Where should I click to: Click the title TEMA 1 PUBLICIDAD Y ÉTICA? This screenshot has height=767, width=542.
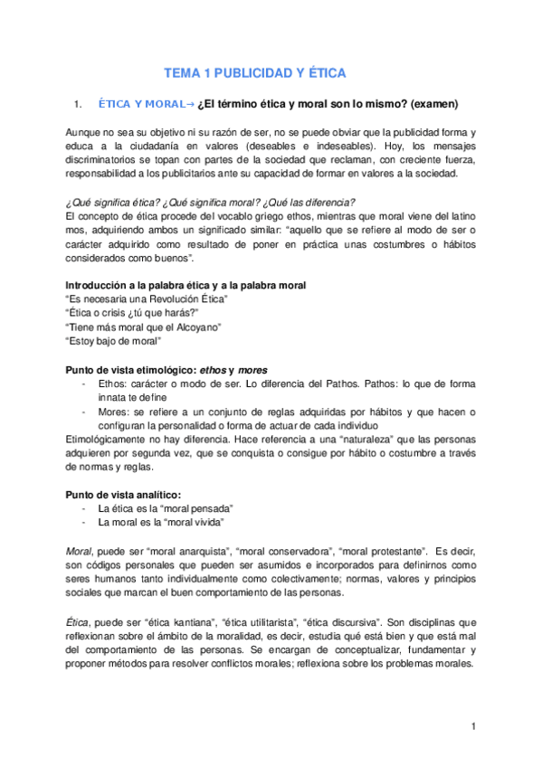coord(254,72)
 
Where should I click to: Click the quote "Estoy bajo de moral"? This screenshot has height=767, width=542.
coord(114,340)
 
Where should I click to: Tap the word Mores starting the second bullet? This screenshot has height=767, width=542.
coord(115,412)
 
